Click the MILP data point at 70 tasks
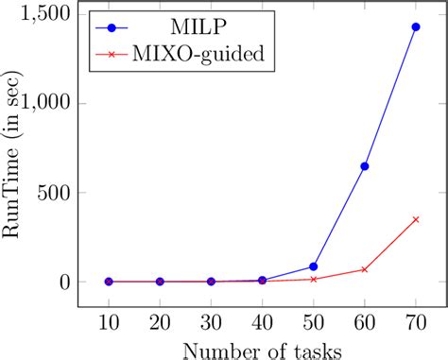415,27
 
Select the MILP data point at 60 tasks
364,166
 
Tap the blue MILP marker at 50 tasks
313,266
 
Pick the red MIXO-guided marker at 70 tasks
415,219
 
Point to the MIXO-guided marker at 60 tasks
364,269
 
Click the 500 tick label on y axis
56,193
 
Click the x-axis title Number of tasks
262,349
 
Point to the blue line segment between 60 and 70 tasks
389,96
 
